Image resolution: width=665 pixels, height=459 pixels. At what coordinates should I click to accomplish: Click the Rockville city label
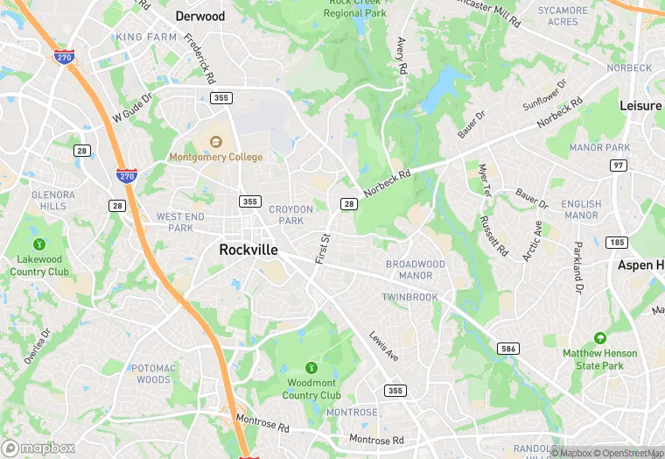(x=248, y=250)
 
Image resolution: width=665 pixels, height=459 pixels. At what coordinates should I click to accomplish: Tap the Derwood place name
(x=200, y=16)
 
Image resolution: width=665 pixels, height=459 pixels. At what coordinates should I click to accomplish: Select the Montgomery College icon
(x=215, y=142)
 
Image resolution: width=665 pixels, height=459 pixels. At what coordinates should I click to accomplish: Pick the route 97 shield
(x=619, y=166)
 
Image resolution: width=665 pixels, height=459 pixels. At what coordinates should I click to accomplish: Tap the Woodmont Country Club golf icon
(x=311, y=367)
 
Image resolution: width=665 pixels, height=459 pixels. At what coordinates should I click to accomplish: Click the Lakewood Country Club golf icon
(x=38, y=244)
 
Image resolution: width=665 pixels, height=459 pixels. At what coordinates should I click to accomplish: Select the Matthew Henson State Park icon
(x=599, y=338)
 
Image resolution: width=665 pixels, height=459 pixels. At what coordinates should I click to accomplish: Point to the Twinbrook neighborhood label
(x=409, y=298)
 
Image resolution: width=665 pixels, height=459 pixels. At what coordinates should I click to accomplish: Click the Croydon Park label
(x=290, y=215)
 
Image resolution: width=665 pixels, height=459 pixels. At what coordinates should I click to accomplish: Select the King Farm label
(x=145, y=38)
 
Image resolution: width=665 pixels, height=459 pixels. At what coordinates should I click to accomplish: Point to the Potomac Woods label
(x=154, y=374)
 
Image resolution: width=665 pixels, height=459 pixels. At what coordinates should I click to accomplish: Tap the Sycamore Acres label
(x=563, y=16)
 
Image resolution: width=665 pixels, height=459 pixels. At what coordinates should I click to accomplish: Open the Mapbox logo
(x=39, y=448)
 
